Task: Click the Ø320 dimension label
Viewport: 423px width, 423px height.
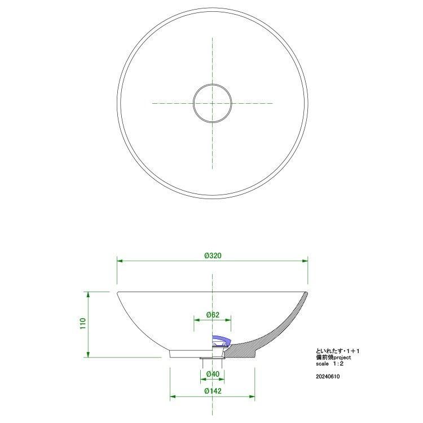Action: pos(213,255)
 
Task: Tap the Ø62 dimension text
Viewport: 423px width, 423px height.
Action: pos(213,315)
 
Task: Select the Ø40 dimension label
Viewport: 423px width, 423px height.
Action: pos(213,374)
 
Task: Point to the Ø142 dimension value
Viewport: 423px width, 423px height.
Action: pos(213,391)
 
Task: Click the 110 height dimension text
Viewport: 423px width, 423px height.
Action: pos(82,324)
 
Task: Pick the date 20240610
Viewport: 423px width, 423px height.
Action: pos(328,377)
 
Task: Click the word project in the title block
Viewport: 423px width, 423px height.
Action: pos(342,358)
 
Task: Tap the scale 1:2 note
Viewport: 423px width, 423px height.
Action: pos(330,364)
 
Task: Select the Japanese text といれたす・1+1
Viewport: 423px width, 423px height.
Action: pos(337,351)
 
